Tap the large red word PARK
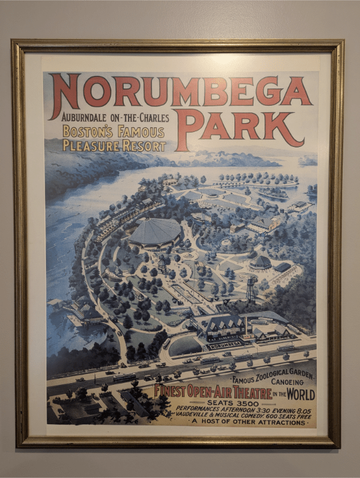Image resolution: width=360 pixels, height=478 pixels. click(240, 126)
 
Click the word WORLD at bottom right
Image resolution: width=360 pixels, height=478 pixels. click(301, 394)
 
